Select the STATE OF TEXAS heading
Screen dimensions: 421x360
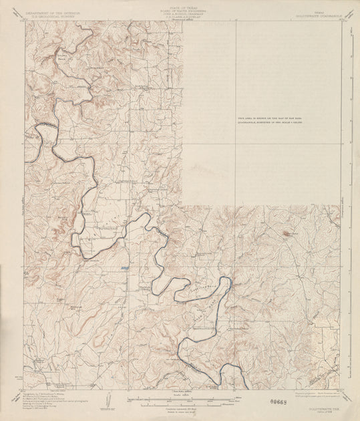pyautogui.click(x=180, y=4)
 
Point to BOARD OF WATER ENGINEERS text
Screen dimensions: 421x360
pyautogui.click(x=180, y=7)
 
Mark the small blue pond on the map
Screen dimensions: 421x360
pyautogui.click(x=125, y=269)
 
